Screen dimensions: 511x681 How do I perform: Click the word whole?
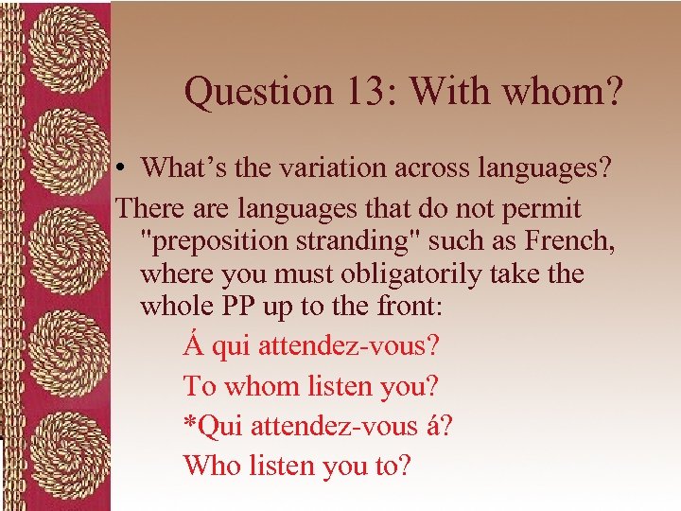176,308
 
